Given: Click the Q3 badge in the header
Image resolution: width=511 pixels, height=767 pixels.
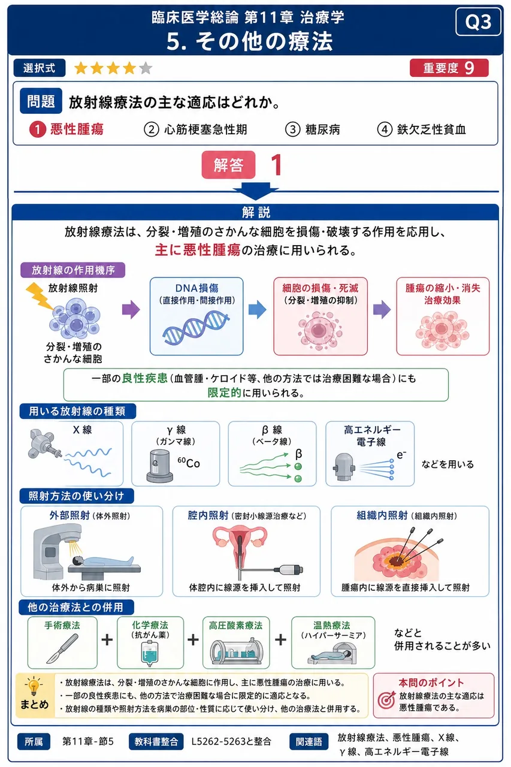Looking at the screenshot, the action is click(x=478, y=22).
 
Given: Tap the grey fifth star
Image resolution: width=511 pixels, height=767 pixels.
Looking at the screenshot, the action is click(x=146, y=68).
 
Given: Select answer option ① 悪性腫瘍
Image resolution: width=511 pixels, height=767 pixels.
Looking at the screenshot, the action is click(x=66, y=129).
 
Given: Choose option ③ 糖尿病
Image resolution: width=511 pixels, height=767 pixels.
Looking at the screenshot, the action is click(x=313, y=129).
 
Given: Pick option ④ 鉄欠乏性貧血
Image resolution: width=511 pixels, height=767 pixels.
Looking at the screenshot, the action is click(x=421, y=129).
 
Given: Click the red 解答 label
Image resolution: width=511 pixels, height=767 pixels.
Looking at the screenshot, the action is click(x=228, y=165).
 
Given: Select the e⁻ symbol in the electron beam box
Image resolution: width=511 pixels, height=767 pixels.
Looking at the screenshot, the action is click(x=401, y=455).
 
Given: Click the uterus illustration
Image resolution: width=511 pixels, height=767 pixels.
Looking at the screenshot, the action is click(x=240, y=545).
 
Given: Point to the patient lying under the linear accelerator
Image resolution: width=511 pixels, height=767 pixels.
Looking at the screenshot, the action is click(x=103, y=561).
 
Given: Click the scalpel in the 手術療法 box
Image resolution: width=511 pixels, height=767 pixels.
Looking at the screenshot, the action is click(x=62, y=648).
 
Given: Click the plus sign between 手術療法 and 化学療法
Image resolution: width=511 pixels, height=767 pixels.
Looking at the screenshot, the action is click(x=107, y=639).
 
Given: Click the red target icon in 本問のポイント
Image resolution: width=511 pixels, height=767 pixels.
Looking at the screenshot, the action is click(x=386, y=700).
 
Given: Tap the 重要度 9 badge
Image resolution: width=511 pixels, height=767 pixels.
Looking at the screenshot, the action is click(x=449, y=68).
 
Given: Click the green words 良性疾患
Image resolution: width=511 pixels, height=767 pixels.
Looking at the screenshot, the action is click(x=145, y=378).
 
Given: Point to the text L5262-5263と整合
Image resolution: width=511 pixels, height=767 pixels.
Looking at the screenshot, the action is click(x=231, y=741).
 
